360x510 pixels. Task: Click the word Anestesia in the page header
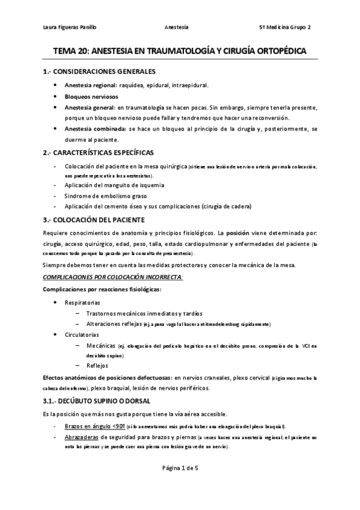coord(176,28)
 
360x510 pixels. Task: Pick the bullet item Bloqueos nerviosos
coord(91,96)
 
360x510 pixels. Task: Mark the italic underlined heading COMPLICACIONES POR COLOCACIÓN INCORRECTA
coord(113,276)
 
